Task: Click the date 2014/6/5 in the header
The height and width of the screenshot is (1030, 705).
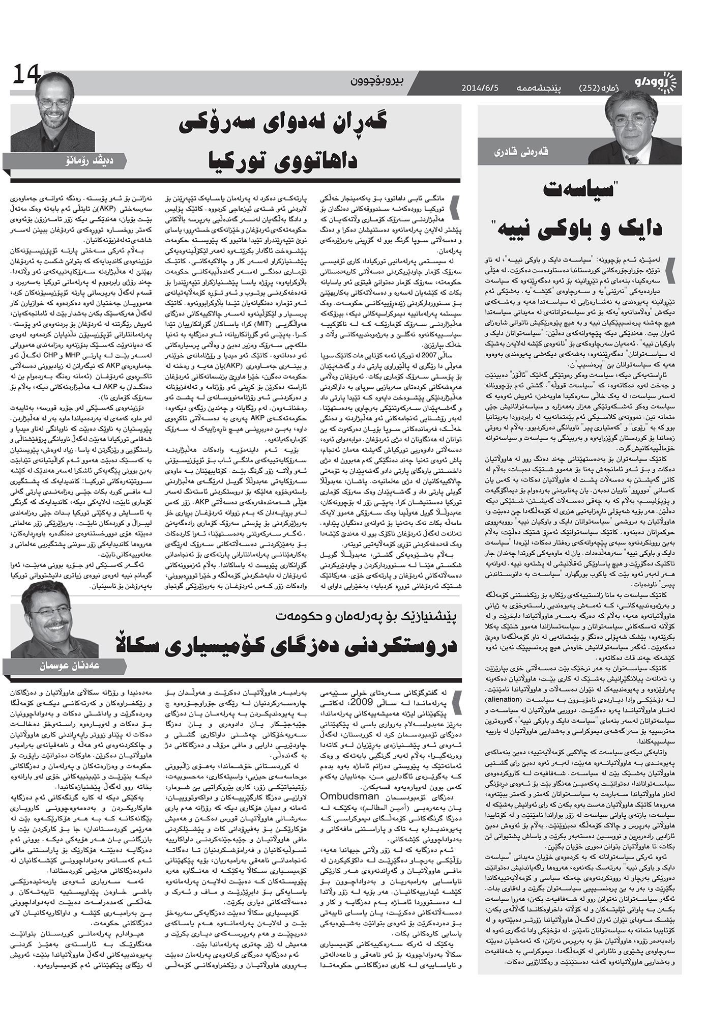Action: click(x=480, y=88)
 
